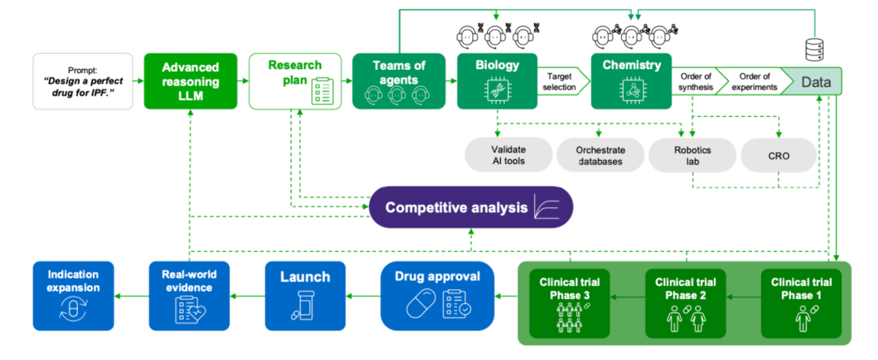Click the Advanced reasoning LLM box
pos(190,81)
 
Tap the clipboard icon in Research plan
pos(324,93)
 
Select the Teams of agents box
pos(398,81)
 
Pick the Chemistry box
pos(631,81)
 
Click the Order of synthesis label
pos(690,82)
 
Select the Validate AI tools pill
pos(509,154)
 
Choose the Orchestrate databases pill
pos(599,154)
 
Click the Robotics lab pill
pos(691,154)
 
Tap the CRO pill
pos(778,154)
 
